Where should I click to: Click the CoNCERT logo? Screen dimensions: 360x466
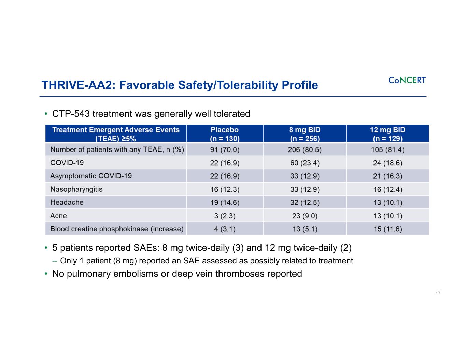[407, 80]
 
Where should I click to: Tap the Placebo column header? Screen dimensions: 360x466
[225, 134]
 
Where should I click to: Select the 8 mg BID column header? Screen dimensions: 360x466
[305, 134]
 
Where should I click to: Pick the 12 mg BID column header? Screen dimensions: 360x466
[387, 134]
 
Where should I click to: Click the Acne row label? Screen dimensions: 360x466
[58, 216]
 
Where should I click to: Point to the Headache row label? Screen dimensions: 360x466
[67, 202]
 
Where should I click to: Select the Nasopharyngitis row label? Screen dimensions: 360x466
[76, 189]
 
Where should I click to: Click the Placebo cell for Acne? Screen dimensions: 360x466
[225, 216]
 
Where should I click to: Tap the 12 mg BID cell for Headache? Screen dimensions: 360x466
[387, 202]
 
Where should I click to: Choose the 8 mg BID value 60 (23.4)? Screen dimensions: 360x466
[305, 163]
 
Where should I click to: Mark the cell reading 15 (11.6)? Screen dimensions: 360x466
[387, 229]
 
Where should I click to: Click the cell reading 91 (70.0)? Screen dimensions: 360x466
[225, 149]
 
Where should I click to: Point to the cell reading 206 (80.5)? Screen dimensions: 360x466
[305, 149]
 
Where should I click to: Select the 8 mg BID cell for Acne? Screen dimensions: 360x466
[305, 216]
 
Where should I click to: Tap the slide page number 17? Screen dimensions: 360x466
[438, 293]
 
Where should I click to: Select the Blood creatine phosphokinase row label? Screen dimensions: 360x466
[117, 229]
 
